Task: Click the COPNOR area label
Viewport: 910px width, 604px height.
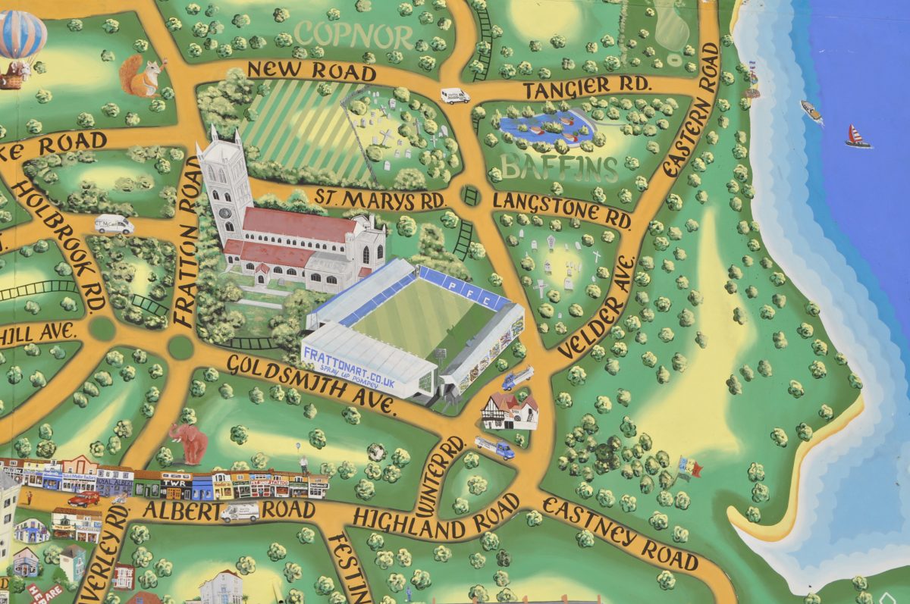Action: tap(354, 34)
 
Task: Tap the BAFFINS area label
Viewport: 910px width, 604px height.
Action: tap(560, 167)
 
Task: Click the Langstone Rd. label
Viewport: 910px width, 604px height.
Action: tap(562, 210)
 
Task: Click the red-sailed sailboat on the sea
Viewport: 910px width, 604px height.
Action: tap(858, 137)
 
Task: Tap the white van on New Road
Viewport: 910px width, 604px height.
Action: tap(455, 95)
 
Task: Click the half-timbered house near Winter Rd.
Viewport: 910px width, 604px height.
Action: tap(510, 412)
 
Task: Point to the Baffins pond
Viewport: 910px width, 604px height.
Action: tap(543, 125)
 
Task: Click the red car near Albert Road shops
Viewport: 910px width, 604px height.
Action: tap(83, 498)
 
